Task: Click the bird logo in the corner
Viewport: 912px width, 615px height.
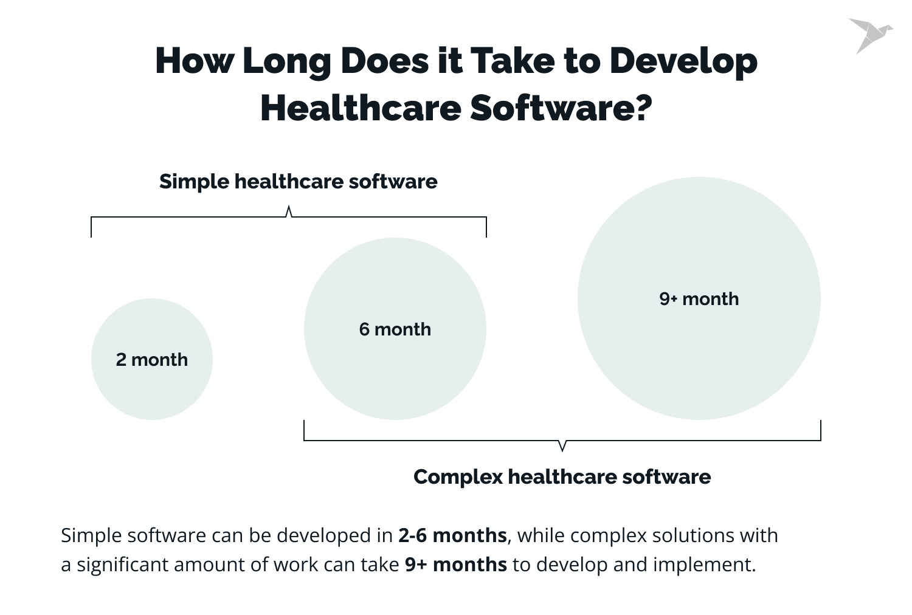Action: point(869,35)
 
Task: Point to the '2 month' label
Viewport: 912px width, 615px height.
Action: point(152,360)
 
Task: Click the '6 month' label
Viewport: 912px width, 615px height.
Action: point(395,329)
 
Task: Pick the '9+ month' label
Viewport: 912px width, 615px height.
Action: point(699,299)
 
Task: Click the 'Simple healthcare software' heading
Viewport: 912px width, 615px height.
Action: point(298,182)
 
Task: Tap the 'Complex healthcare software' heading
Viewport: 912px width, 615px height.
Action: point(562,476)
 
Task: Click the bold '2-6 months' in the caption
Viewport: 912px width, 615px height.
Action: point(452,535)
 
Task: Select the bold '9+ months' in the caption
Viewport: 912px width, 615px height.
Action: point(455,565)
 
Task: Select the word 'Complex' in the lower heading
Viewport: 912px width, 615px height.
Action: point(458,476)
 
